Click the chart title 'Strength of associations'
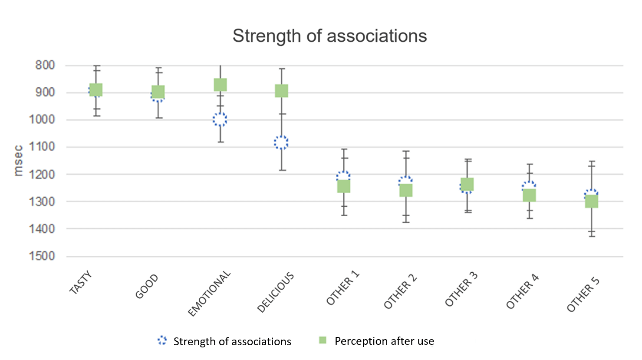(x=329, y=36)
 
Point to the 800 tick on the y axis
(x=45, y=65)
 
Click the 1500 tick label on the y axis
(x=42, y=256)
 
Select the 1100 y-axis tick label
(x=42, y=147)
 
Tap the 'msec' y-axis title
(x=18, y=161)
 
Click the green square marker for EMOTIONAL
(x=220, y=85)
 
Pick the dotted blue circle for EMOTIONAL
(x=220, y=119)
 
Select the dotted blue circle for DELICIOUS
(x=281, y=142)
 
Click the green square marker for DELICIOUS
(x=281, y=91)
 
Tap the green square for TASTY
(x=96, y=90)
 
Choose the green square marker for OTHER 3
(x=467, y=184)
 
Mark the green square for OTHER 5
(x=592, y=201)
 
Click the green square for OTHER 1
(x=344, y=186)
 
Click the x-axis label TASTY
(x=81, y=283)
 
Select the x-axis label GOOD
(x=147, y=287)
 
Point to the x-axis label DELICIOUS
(x=276, y=293)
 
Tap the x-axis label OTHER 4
(x=523, y=291)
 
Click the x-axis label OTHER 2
(x=400, y=291)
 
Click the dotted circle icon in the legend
(x=162, y=341)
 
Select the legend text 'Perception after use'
(x=384, y=341)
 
